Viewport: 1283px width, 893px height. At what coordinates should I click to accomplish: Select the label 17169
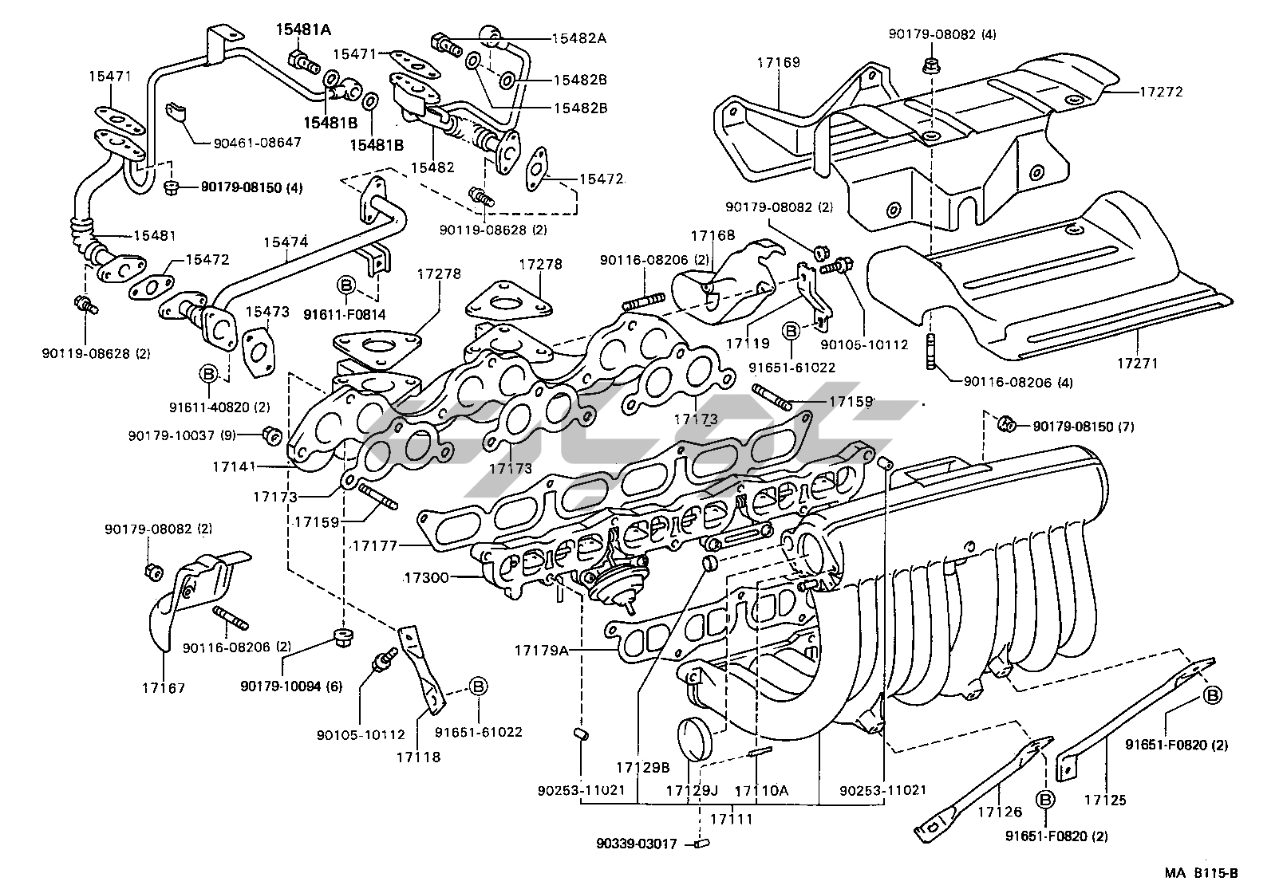(x=778, y=62)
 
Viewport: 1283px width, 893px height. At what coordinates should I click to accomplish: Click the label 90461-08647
(x=257, y=144)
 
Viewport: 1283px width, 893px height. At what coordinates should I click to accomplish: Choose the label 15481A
(x=303, y=30)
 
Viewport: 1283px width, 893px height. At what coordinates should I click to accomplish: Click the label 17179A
(x=542, y=650)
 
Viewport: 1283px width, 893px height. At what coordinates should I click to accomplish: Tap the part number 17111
(x=732, y=818)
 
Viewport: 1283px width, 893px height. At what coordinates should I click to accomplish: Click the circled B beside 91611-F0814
(x=345, y=285)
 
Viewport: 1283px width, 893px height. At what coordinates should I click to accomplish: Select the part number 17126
(x=1000, y=812)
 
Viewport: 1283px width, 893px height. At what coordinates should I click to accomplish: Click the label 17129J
(x=693, y=790)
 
